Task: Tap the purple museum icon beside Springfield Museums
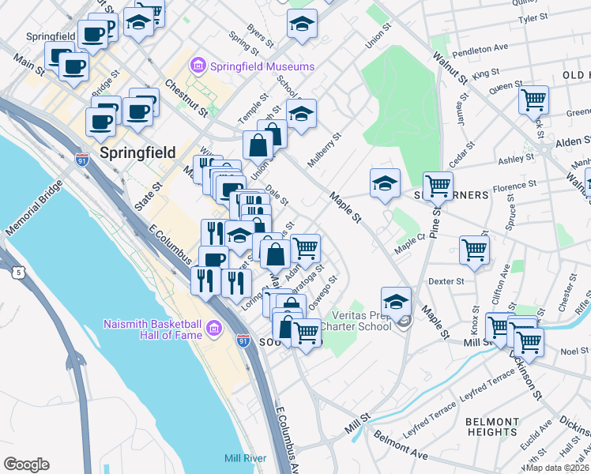(198, 66)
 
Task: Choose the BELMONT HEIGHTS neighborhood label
(491, 427)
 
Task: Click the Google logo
(26, 465)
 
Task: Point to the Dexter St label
(446, 280)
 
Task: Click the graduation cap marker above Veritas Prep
(396, 301)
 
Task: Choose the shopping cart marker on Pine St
(438, 186)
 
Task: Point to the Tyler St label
(533, 17)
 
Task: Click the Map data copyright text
(557, 468)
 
